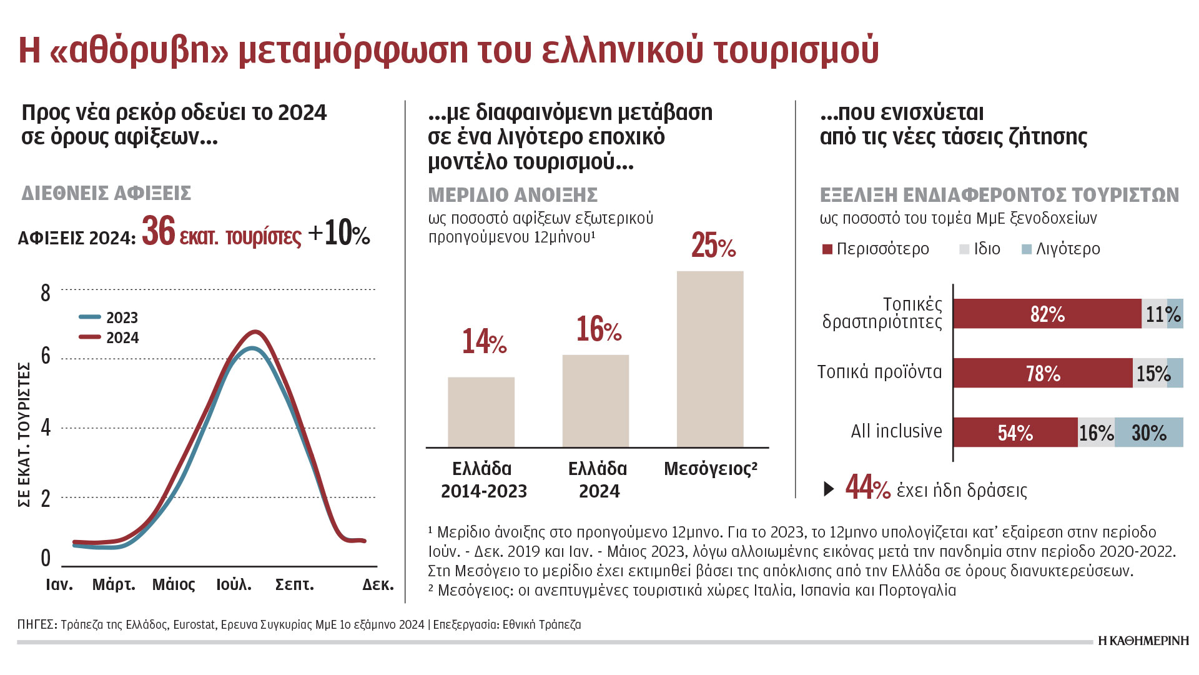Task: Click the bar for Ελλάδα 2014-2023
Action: [x=481, y=412]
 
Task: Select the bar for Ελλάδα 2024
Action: [x=595, y=401]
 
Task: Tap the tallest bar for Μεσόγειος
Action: [x=710, y=359]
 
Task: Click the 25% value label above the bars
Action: [x=713, y=245]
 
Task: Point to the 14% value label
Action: [x=484, y=342]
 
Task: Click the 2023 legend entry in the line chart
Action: [x=109, y=317]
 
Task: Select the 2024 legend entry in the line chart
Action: [x=109, y=337]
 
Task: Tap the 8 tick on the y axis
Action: [x=46, y=292]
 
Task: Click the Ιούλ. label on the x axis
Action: [x=234, y=585]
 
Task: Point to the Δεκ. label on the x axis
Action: [x=378, y=585]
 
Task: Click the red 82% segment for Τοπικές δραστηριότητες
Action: [x=1047, y=314]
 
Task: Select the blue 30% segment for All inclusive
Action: [x=1149, y=432]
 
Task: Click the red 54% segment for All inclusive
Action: [x=1015, y=432]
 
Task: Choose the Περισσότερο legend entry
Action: [x=876, y=249]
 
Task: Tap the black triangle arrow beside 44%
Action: [x=829, y=489]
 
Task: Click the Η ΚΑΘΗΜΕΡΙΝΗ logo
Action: [x=1143, y=641]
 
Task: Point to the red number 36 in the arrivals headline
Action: [x=159, y=232]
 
